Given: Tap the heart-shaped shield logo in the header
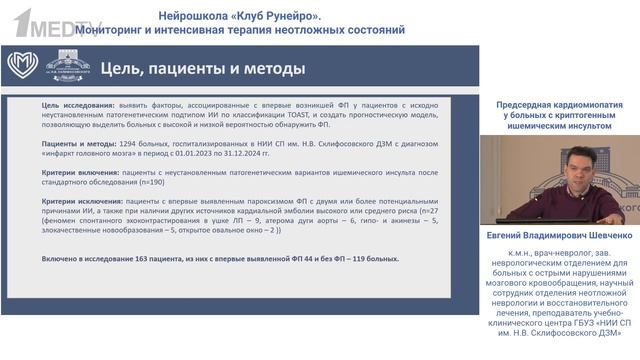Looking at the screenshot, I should (22, 67).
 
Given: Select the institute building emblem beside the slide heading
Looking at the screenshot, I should (65, 67).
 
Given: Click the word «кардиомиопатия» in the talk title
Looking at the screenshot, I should (587, 105).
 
